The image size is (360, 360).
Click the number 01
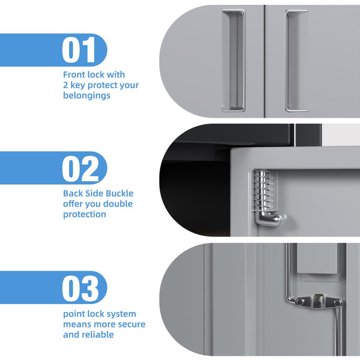point(79,50)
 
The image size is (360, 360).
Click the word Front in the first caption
point(76,74)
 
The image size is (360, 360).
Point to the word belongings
point(86,95)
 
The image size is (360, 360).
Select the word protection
point(85,214)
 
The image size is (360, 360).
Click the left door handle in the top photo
point(233,60)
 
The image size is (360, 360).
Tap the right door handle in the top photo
point(296,60)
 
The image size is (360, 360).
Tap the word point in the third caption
point(75,314)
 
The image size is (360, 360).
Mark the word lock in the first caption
point(101,74)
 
